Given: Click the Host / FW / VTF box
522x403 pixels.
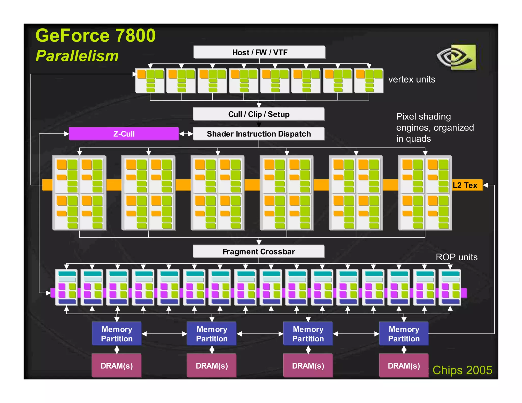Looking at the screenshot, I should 259,52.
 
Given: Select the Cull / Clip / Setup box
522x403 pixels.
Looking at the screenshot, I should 259,114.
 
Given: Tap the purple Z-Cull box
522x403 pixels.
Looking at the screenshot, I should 124,134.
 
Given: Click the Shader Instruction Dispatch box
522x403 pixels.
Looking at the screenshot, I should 259,134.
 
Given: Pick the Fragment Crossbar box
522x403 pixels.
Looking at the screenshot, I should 259,252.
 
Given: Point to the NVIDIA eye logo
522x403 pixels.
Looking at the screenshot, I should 456,57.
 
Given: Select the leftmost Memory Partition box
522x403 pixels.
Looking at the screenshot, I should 117,334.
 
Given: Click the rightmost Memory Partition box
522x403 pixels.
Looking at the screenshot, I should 404,334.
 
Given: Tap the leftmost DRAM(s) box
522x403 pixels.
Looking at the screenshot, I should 117,366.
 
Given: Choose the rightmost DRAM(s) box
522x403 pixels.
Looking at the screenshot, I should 404,366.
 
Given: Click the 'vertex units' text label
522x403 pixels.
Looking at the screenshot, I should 412,79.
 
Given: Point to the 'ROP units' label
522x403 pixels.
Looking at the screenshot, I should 456,257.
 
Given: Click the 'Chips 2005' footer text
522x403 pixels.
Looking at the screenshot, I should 462,370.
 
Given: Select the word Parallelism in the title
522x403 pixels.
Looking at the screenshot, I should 77,56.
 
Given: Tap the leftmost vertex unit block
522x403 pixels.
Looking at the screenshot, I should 150,81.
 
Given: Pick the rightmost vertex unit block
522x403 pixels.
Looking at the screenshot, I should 369,81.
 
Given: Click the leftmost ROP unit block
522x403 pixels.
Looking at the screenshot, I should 67,287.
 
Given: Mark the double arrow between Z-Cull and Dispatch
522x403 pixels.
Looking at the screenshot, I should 186,134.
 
